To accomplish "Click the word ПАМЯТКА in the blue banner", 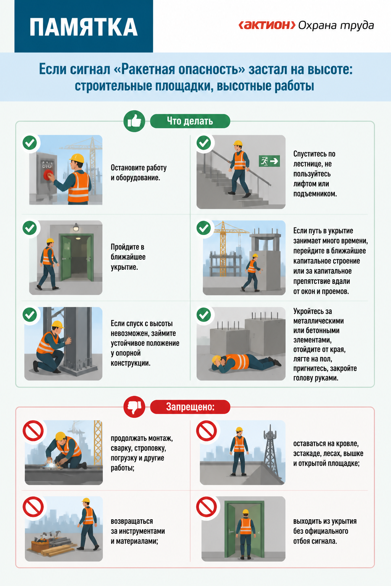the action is (x=84, y=27).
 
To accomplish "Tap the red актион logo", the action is (x=267, y=25).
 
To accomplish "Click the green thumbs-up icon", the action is (x=134, y=121).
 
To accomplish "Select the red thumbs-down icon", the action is (x=134, y=407).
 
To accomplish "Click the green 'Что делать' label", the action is (x=190, y=121).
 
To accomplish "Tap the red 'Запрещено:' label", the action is (x=190, y=407).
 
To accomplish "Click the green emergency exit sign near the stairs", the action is (x=270, y=161).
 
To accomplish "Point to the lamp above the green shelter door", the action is (x=76, y=227).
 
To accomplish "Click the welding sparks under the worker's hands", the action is (x=52, y=464).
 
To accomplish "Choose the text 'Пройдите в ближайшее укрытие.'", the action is (x=128, y=257).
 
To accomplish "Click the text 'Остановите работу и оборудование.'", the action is (x=139, y=173).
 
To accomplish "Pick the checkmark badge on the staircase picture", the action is (x=204, y=143).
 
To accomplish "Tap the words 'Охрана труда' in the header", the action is (x=336, y=26).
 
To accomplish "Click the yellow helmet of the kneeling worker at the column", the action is (x=58, y=324).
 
